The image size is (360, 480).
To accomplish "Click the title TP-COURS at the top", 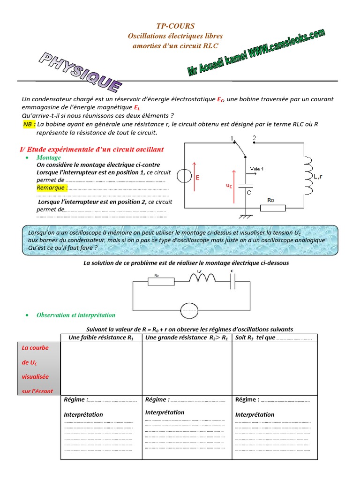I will point(175,26).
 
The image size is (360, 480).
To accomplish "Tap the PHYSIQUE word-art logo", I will point(81,72).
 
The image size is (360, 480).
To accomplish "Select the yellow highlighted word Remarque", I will point(52,187).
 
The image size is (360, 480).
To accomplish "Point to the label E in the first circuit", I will point(197,178).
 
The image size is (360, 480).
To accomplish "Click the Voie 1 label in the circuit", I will point(257,169).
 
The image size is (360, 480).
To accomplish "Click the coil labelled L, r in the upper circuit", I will point(309,176).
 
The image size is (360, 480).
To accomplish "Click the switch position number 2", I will point(255,138).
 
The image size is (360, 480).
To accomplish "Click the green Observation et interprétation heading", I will point(76,315).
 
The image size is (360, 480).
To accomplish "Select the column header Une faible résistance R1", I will point(101,338).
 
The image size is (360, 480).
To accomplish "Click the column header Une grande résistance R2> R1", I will point(187,338).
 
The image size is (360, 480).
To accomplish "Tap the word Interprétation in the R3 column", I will point(255,414).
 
